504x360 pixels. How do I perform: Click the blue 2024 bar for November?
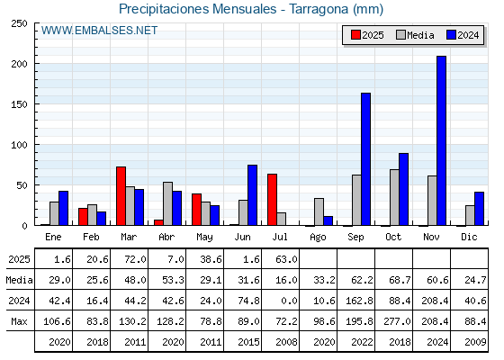pyautogui.click(x=441, y=140)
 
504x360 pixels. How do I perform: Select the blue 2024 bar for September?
pyautogui.click(x=365, y=159)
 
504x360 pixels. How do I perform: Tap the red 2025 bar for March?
pyautogui.click(x=121, y=196)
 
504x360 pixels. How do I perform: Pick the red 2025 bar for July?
pyautogui.click(x=272, y=200)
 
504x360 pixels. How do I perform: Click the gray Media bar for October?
pyautogui.click(x=394, y=197)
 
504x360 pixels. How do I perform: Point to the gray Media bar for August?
pyautogui.click(x=319, y=211)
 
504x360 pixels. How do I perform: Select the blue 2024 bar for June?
pyautogui.click(x=252, y=195)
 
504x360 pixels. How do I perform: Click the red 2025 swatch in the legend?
pyautogui.click(x=355, y=35)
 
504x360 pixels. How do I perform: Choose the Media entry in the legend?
pyautogui.click(x=415, y=35)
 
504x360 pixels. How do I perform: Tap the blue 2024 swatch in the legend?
pyautogui.click(x=451, y=35)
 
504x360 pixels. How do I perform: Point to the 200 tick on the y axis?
pyautogui.click(x=36, y=64)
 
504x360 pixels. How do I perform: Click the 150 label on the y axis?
pyautogui.click(x=19, y=104)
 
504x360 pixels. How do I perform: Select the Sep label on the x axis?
pyautogui.click(x=355, y=238)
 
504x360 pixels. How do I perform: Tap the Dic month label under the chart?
pyautogui.click(x=469, y=237)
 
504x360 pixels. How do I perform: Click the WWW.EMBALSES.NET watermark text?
pyautogui.click(x=99, y=31)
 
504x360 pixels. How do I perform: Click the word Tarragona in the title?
pyautogui.click(x=319, y=9)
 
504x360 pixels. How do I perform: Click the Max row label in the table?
pyautogui.click(x=19, y=321)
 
